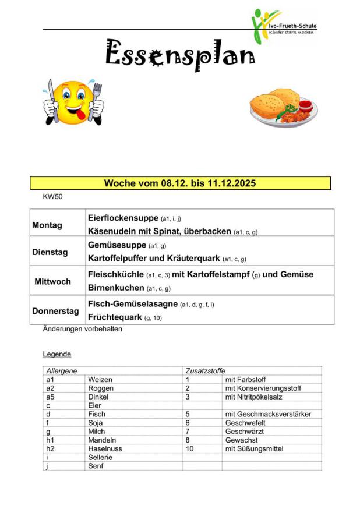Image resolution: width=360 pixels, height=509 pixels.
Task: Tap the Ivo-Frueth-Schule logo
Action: point(283,26)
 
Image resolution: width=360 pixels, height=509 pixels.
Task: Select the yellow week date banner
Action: point(180,183)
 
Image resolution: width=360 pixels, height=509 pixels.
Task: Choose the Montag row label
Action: point(47,225)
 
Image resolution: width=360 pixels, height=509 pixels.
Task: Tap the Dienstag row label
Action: point(50,252)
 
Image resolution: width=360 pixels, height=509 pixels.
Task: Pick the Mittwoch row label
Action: point(52,281)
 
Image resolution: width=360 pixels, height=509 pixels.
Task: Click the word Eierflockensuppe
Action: point(123,218)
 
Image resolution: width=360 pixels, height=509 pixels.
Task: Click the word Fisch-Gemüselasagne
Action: point(132,303)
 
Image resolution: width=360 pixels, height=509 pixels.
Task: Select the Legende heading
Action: point(57,354)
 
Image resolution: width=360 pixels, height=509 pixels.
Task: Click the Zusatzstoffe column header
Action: point(205,371)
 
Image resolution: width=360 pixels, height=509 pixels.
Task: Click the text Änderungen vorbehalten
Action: point(82,329)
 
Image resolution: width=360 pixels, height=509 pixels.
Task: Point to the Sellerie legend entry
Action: point(100,458)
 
